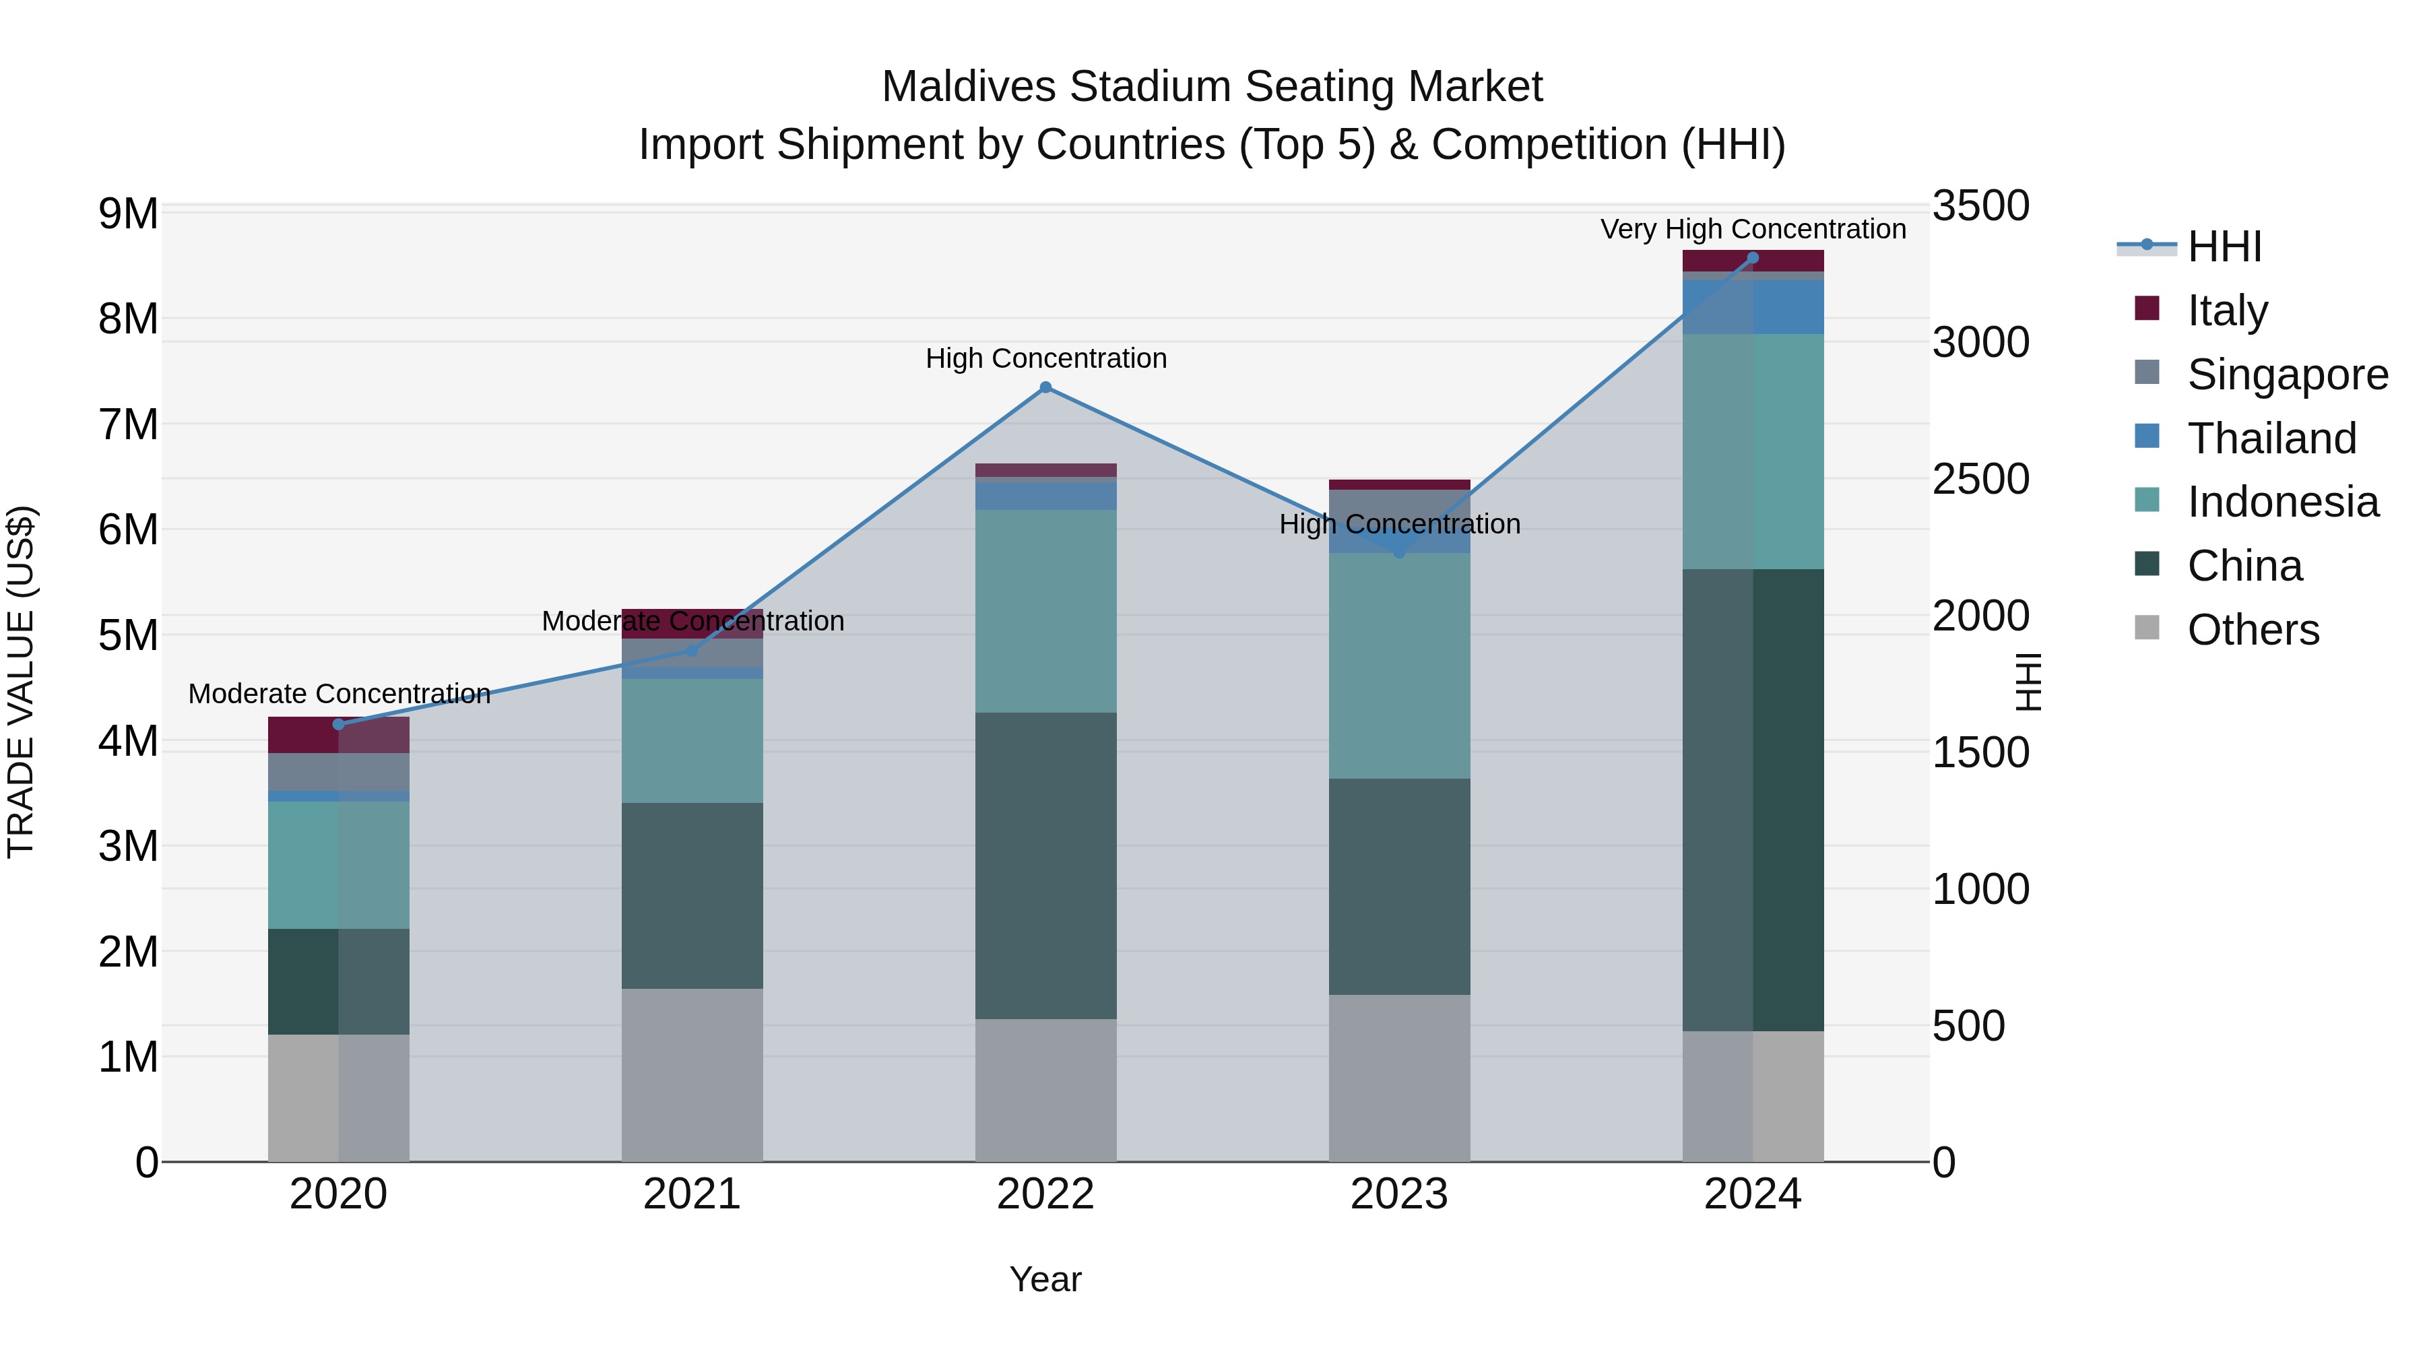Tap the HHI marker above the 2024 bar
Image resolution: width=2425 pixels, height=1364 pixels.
(x=1752, y=258)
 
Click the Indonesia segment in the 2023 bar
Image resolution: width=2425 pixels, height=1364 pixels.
(x=1399, y=665)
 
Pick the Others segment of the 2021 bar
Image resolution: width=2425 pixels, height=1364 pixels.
(x=692, y=1074)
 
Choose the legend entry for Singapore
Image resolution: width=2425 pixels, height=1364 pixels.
(x=2287, y=375)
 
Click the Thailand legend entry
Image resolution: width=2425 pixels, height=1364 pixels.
(x=2271, y=439)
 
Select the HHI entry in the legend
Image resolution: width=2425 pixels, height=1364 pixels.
(x=2224, y=247)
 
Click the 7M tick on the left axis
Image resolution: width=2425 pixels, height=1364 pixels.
(x=128, y=424)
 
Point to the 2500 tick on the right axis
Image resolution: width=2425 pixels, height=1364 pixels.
(x=1980, y=479)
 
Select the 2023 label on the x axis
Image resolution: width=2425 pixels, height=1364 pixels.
(x=1399, y=1194)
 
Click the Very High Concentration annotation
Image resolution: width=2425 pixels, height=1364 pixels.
(x=1753, y=229)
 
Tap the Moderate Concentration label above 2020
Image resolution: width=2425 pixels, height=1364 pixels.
(x=339, y=694)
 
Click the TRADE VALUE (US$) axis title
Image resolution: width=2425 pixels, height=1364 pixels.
(x=21, y=682)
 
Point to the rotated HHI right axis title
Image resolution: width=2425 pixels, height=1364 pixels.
(x=2028, y=682)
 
